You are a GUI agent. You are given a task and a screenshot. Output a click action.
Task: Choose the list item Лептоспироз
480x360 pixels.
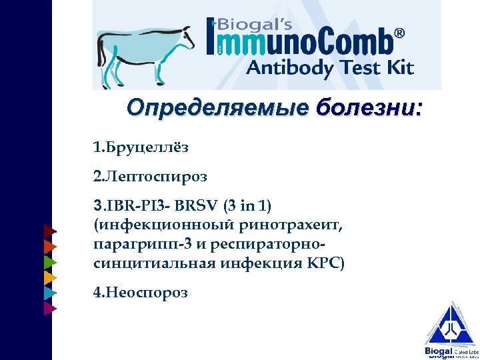point(150,177)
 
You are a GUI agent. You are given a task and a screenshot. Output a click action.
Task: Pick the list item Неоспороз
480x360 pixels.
point(141,293)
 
